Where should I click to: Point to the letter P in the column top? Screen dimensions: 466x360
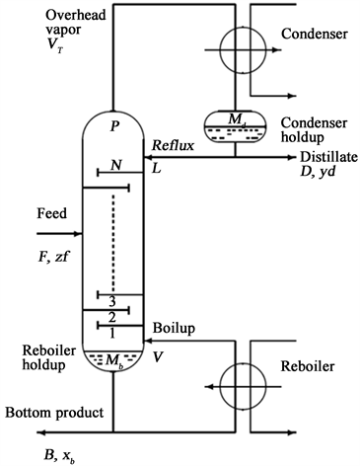tap(115, 126)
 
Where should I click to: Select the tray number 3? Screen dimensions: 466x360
tap(114, 300)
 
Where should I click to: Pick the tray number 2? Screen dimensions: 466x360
tap(114, 317)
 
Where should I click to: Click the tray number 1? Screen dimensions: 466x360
tap(114, 333)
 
